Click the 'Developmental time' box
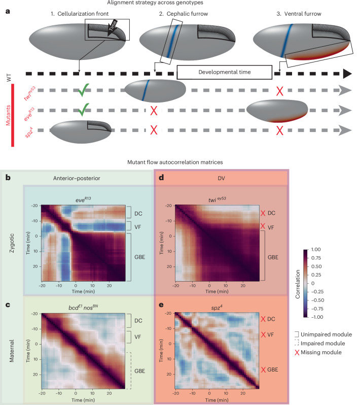click(225, 72)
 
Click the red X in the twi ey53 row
click(279, 91)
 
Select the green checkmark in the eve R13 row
click(84, 110)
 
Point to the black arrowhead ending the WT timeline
click(347, 74)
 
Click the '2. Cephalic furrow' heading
click(184, 14)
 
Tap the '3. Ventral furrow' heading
click(299, 14)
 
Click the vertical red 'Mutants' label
click(8, 115)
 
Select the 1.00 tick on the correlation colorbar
click(316, 250)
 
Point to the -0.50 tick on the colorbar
click(317, 300)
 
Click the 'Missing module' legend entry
click(318, 352)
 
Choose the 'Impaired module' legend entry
click(320, 343)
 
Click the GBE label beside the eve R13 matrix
click(139, 257)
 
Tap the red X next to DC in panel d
click(263, 213)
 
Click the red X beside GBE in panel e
click(263, 369)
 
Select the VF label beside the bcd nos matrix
click(137, 337)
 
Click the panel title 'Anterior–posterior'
click(77, 178)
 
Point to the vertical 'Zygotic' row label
click(12, 243)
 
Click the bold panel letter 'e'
click(161, 305)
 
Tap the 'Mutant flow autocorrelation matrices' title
click(175, 162)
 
